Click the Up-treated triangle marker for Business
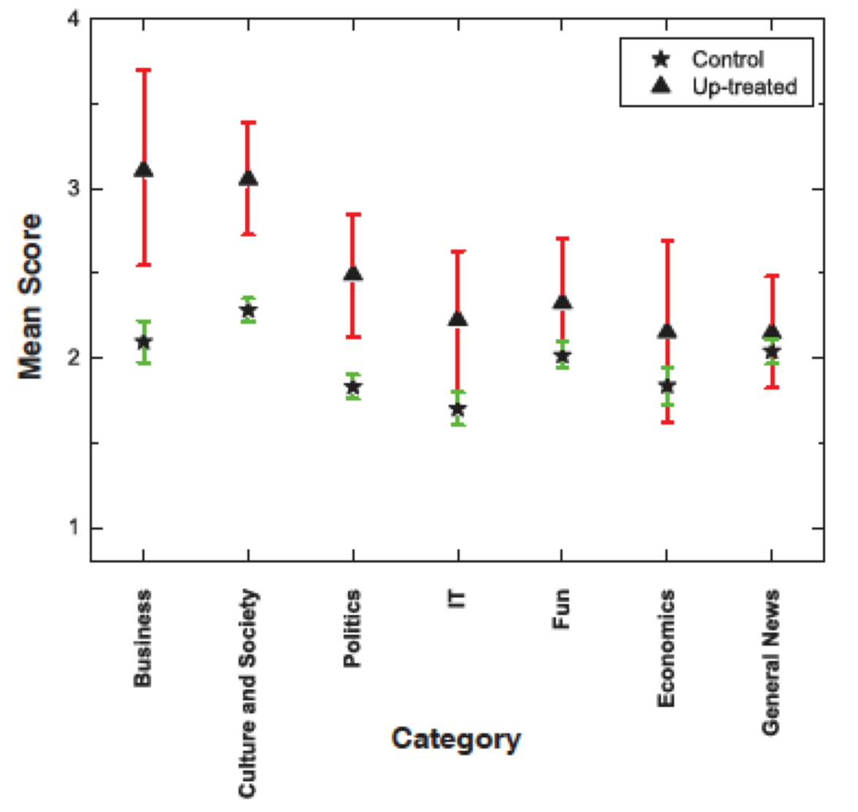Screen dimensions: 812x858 coord(144,170)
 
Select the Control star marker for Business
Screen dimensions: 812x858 coord(144,341)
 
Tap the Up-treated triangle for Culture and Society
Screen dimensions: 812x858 coord(248,179)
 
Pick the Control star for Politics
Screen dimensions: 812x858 coord(353,387)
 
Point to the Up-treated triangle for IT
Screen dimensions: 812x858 coord(457,319)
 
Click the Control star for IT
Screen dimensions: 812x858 coord(457,409)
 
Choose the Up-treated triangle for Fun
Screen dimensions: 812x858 coord(562,302)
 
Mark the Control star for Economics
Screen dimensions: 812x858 coord(667,386)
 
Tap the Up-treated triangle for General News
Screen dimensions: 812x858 coord(771,333)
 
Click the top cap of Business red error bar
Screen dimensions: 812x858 coord(144,70)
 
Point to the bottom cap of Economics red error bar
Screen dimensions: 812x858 coord(667,422)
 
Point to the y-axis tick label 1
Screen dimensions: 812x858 coord(74,527)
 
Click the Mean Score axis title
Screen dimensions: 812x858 coord(31,296)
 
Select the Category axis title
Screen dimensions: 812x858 coord(456,738)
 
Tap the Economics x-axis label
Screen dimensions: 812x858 coord(667,649)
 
